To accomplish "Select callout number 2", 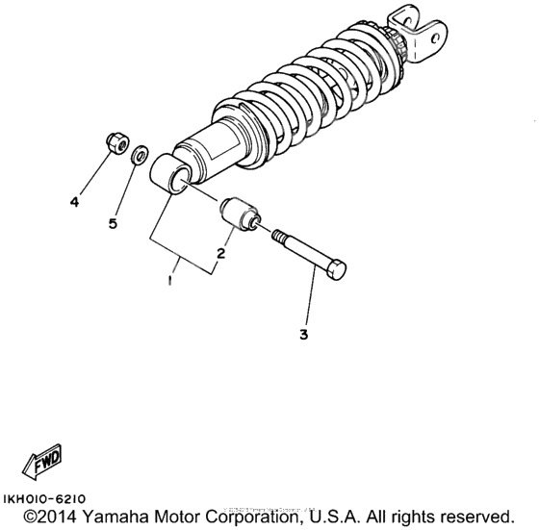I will coord(220,254).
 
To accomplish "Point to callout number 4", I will coord(73,201).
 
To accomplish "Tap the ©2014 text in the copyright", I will coord(49,517).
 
